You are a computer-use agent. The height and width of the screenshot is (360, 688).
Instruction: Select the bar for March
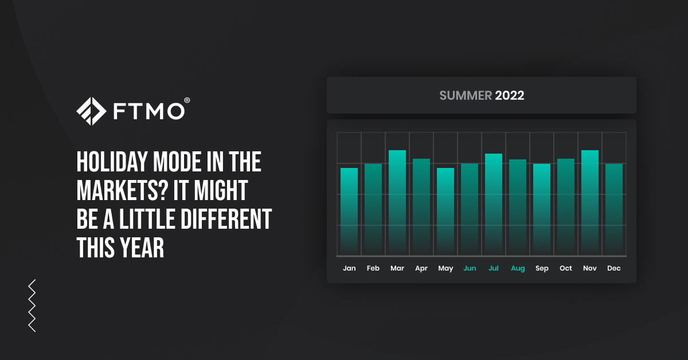pyautogui.click(x=397, y=203)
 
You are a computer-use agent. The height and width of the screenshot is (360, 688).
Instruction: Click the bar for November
pyautogui.click(x=590, y=203)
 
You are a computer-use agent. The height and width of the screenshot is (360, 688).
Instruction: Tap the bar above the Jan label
pyautogui.click(x=349, y=212)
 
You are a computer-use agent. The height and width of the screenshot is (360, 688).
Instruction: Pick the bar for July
pyautogui.click(x=494, y=205)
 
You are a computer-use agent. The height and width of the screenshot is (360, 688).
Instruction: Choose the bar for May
pyautogui.click(x=445, y=212)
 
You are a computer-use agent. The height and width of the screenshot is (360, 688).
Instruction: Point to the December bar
pyautogui.click(x=614, y=210)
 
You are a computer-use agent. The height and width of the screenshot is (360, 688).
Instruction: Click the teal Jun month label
pyautogui.click(x=470, y=268)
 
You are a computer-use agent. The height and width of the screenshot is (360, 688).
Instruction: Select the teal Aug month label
pyautogui.click(x=518, y=268)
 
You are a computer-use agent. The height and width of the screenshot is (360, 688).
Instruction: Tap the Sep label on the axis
pyautogui.click(x=542, y=268)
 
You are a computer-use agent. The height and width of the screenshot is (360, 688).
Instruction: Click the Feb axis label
pyautogui.click(x=373, y=268)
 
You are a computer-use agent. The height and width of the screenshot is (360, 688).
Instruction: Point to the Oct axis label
pyautogui.click(x=566, y=268)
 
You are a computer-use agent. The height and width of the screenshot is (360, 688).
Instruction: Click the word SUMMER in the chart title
pyautogui.click(x=466, y=96)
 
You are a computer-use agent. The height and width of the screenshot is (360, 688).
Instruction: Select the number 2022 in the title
pyautogui.click(x=510, y=96)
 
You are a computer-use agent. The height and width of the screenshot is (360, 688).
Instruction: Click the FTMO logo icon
pyautogui.click(x=91, y=111)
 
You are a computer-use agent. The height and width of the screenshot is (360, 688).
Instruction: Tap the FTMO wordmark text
pyautogui.click(x=147, y=111)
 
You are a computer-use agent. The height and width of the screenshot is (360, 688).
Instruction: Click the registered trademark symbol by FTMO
pyautogui.click(x=187, y=100)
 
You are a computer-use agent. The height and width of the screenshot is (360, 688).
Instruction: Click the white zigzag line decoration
pyautogui.click(x=32, y=306)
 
